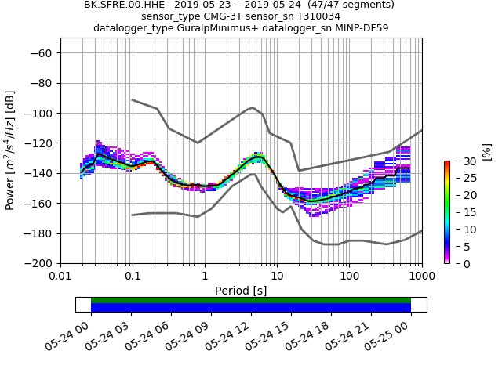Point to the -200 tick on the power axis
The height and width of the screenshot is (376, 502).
coord(40,263)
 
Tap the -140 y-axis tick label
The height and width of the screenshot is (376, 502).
coord(40,173)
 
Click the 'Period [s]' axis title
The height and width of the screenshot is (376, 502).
coord(241,291)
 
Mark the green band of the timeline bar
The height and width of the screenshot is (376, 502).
coord(251,300)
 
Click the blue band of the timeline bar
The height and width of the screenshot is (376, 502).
coord(251,308)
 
